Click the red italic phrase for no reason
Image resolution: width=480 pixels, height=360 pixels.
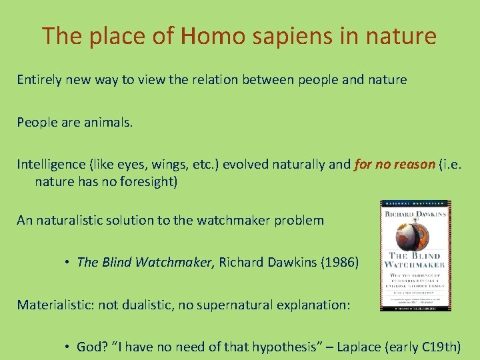(395, 165)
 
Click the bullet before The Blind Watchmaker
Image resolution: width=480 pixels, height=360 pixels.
(68, 262)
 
